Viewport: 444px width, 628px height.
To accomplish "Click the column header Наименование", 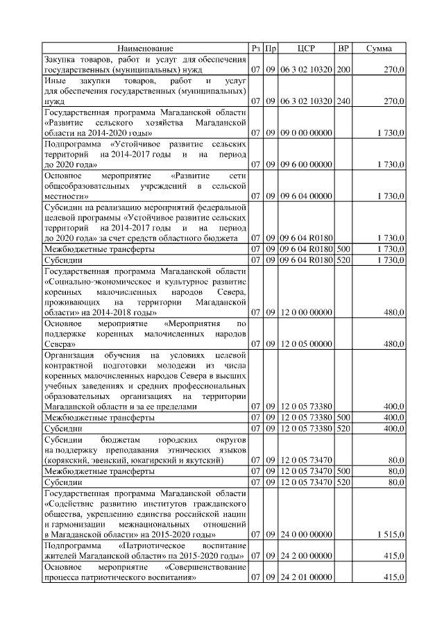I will coord(145,49).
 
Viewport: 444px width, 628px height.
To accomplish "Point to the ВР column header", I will coord(343,49).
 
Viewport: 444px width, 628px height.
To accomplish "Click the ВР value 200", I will coord(343,70).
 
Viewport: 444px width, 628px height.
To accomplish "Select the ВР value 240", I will coord(343,101).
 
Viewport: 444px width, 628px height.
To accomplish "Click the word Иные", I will coord(55,81).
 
